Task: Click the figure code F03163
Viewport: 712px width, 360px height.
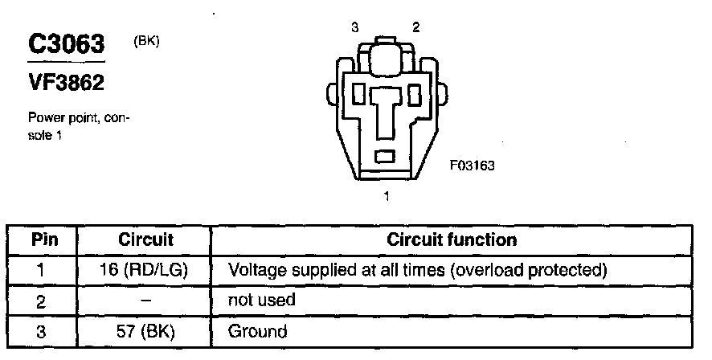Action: point(472,166)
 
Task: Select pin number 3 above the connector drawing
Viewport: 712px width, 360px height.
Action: point(355,27)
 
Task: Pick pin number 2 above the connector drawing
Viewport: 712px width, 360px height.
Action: point(415,27)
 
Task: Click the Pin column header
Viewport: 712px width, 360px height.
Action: point(42,239)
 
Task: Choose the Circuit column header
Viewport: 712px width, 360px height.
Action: point(145,239)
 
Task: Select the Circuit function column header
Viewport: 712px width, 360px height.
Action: point(452,239)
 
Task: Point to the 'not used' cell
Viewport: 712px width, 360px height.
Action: point(262,301)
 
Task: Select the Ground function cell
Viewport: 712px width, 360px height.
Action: point(258,330)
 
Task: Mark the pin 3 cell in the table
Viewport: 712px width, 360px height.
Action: point(42,330)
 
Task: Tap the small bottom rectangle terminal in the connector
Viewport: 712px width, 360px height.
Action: point(387,154)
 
